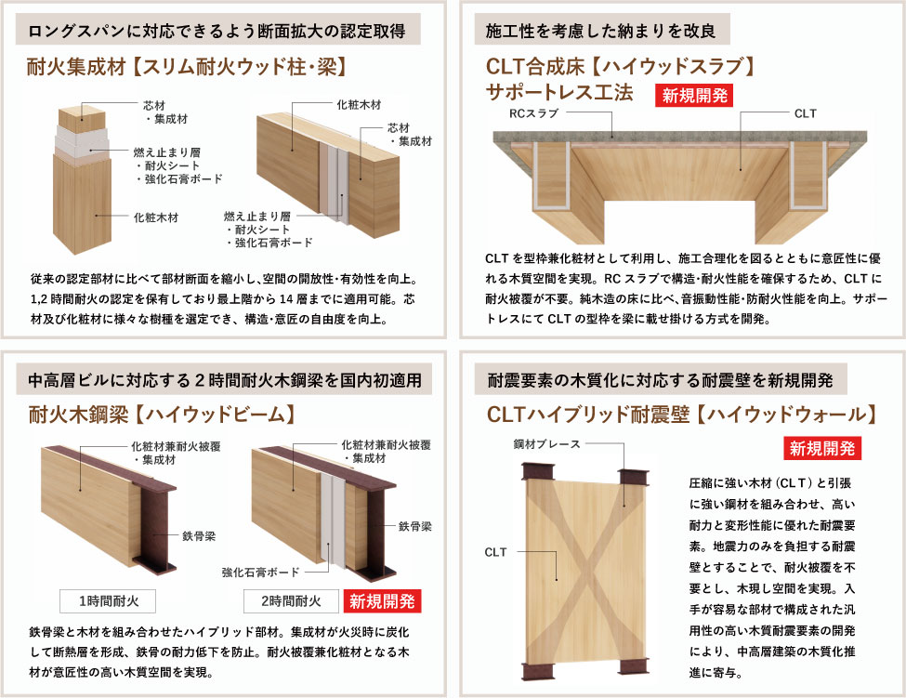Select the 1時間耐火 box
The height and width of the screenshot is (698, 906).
pyautogui.click(x=101, y=600)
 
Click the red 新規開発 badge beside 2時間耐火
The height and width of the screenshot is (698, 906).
pyautogui.click(x=383, y=600)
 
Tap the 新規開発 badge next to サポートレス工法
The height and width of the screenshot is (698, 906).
pyautogui.click(x=695, y=96)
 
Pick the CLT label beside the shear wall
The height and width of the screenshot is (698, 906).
pyautogui.click(x=496, y=552)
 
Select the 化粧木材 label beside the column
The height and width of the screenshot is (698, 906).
pyautogui.click(x=154, y=217)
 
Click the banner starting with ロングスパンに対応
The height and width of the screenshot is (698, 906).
pyautogui.click(x=217, y=31)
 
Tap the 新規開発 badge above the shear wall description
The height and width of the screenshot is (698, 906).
pyautogui.click(x=821, y=448)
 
